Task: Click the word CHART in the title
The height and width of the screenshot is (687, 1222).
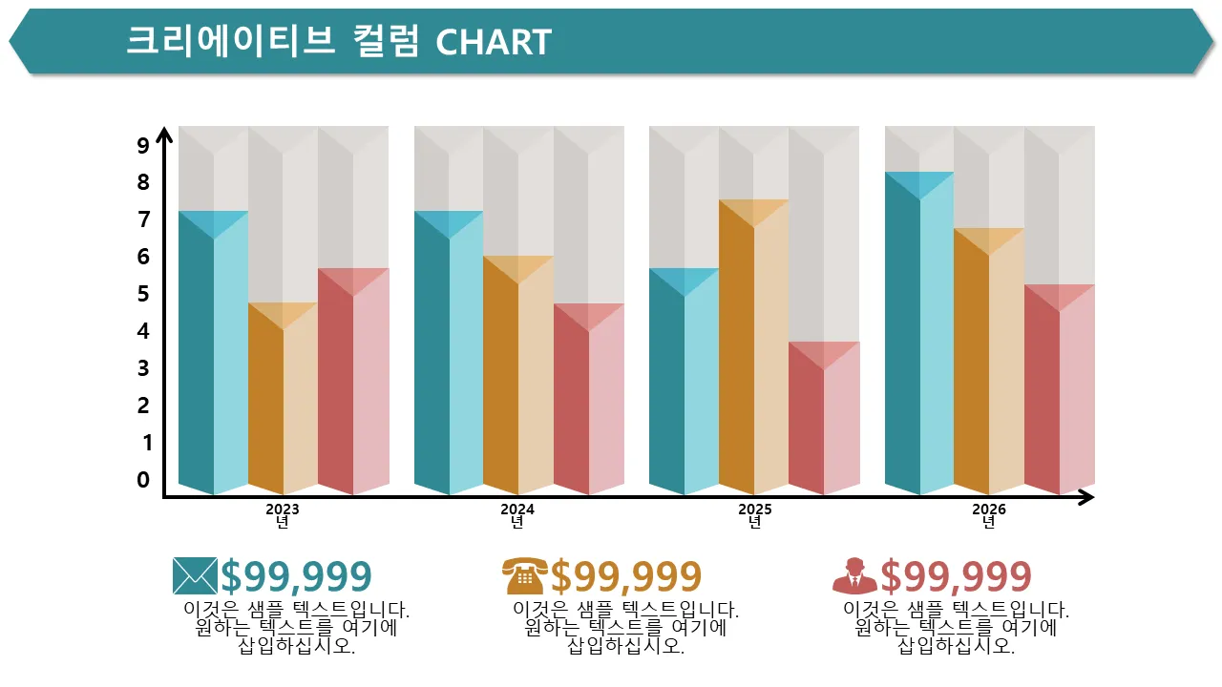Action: [x=494, y=42]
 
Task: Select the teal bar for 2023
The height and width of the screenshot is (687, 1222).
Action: [x=213, y=363]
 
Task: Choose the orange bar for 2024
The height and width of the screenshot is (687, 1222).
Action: [x=518, y=382]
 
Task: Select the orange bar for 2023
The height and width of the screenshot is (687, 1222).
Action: [x=283, y=406]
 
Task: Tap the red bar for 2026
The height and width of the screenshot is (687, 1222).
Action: [x=1060, y=396]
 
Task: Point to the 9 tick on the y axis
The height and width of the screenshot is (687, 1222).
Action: [x=143, y=146]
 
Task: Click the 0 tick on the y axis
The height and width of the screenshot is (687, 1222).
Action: [x=143, y=480]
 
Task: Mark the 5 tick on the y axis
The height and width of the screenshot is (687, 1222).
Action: [x=143, y=294]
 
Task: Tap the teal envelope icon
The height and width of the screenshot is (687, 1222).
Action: [x=195, y=575]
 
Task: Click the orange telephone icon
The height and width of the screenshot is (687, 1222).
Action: [x=524, y=575]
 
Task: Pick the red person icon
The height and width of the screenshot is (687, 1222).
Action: [x=853, y=575]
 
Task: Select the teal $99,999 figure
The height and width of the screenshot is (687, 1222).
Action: [x=296, y=576]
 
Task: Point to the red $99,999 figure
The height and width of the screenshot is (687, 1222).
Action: [x=956, y=576]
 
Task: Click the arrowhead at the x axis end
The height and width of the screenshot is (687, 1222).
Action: [x=1085, y=497]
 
